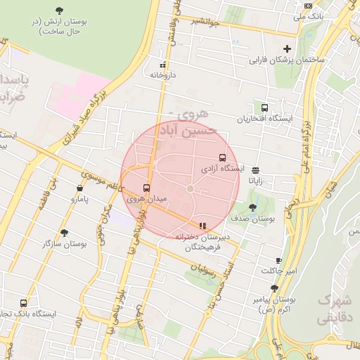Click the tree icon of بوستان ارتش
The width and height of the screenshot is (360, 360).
pos(59,11)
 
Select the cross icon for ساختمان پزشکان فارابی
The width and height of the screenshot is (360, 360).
pos(286,48)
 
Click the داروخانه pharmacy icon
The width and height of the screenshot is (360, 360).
pos(163,63)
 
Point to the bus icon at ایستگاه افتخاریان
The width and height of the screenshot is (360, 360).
pos(264,108)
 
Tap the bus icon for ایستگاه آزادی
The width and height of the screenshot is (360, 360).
pos(223,157)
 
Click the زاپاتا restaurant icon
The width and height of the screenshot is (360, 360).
pos(255,169)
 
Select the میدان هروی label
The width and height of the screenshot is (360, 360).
pos(146,200)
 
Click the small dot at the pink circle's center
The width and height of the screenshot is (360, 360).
pos(190,188)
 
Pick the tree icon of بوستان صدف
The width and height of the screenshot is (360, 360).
pos(252,207)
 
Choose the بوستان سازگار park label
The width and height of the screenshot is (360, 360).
pos(83,243)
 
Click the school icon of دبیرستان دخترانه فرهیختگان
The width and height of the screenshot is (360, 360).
pos(202,226)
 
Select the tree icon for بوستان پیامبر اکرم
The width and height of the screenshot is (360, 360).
pos(274,288)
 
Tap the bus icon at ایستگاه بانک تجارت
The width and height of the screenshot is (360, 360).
pos(24,303)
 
